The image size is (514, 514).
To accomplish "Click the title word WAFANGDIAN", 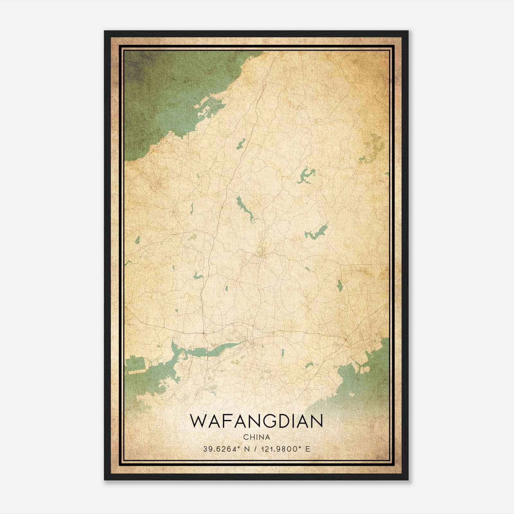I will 256,421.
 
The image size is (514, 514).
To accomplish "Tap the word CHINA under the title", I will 256,437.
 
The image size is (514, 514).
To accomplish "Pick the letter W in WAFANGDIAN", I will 198,421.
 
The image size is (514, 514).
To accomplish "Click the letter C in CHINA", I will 245,437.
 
